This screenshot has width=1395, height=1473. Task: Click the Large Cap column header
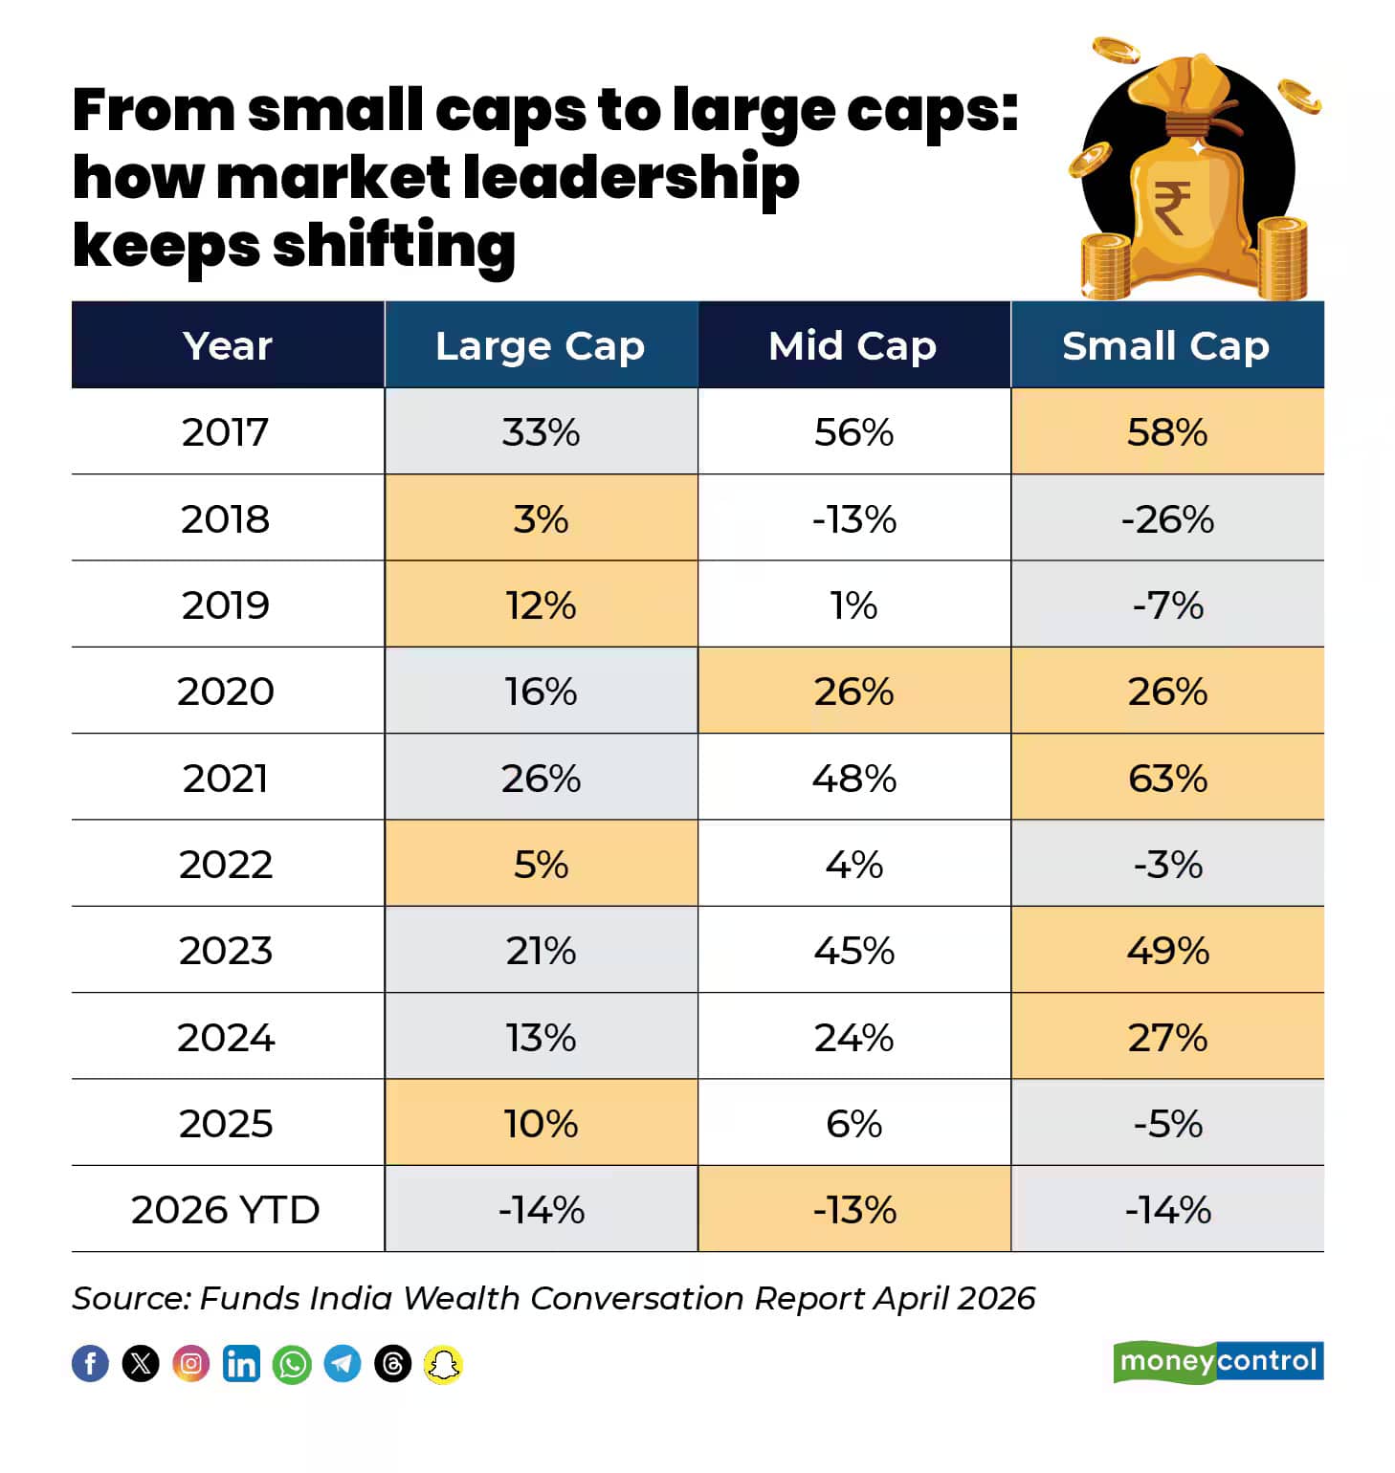[541, 345]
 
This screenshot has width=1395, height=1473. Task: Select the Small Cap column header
[1167, 345]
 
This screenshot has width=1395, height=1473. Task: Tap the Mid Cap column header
[853, 345]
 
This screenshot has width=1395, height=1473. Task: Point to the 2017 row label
[226, 432]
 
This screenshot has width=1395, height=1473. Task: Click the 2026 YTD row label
[226, 1210]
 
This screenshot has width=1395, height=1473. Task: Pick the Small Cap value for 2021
[1167, 778]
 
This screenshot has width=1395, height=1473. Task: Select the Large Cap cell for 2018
[541, 518]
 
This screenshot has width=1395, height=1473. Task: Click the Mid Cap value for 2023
[853, 951]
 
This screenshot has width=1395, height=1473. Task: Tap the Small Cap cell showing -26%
[1167, 518]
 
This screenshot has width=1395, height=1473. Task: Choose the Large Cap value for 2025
[541, 1123]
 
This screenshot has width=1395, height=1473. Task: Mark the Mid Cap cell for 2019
[853, 605]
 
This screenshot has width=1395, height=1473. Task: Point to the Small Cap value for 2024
[1167, 1037]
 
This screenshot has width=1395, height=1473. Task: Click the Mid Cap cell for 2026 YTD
[853, 1210]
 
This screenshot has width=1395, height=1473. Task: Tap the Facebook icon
[91, 1364]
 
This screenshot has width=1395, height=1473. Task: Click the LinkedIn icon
[241, 1364]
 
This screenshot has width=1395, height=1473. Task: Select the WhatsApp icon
[292, 1364]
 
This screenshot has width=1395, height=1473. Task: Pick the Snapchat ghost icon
[443, 1364]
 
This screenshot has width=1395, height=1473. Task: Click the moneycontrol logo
[1218, 1361]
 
